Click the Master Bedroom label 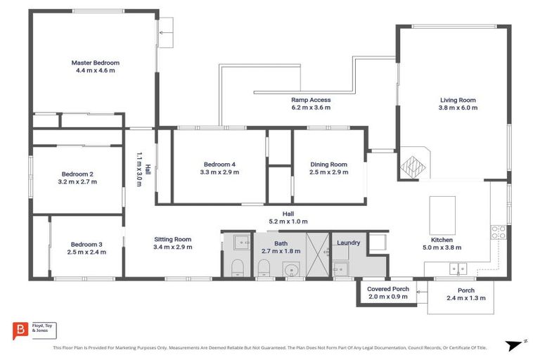tap(96, 63)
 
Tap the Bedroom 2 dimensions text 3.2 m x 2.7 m tap(78, 182)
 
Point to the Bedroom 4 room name tap(219, 164)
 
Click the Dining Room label tap(329, 164)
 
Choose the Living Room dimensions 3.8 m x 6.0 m tap(458, 109)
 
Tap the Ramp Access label tap(311, 100)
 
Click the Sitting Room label tap(173, 239)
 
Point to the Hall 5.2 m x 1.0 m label tap(288, 214)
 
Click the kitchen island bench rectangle tap(442, 214)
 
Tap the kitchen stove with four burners tap(499, 233)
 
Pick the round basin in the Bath tap(290, 269)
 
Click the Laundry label tap(348, 243)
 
